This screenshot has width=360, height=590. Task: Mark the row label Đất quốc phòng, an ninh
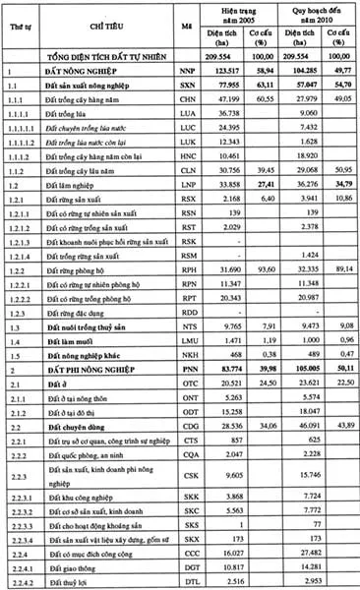tap(87, 429)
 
